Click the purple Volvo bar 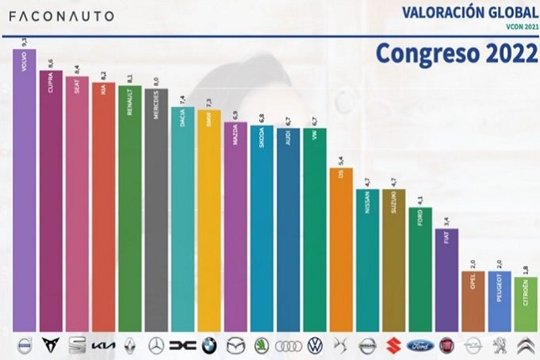[x=25, y=190]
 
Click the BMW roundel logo [x=209, y=345]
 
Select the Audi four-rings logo [x=288, y=346]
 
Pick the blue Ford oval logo [x=419, y=346]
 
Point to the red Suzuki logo [x=393, y=345]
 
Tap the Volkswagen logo [x=315, y=345]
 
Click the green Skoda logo [x=262, y=345]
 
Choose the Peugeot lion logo [x=499, y=345]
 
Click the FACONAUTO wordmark [x=62, y=16]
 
